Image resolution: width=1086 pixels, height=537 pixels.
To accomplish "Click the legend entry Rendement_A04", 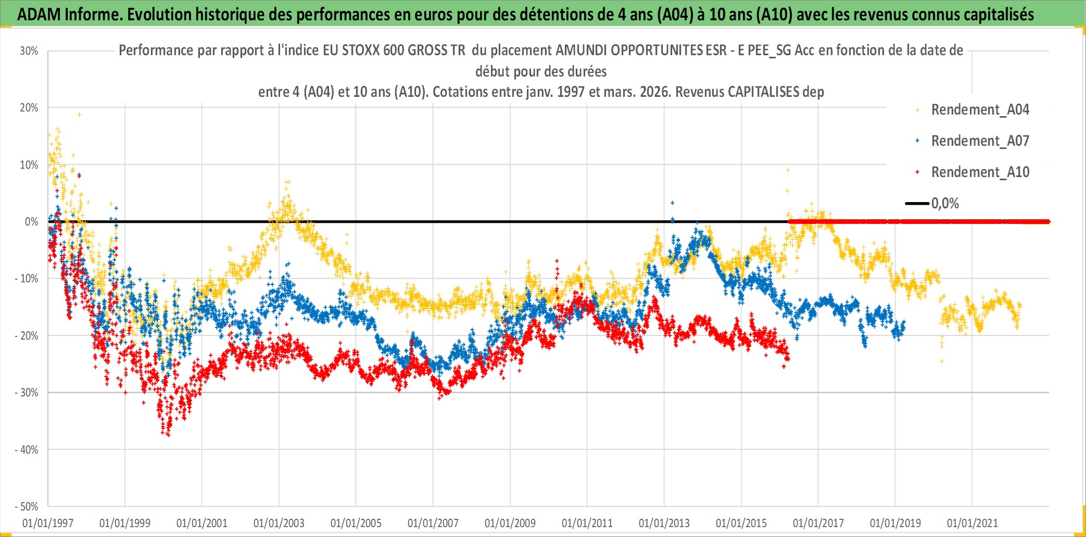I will click(980, 110).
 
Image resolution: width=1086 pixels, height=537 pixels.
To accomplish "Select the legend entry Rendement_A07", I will click(980, 141).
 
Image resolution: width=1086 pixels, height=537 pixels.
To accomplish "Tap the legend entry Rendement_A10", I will click(980, 172).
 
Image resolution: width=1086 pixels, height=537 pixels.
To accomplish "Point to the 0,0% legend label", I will click(945, 204).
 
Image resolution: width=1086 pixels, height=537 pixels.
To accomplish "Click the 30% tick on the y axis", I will click(29, 51).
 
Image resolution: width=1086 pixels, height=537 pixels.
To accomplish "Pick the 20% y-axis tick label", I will click(29, 108).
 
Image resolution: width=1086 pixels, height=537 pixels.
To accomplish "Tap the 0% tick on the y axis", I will click(31, 222).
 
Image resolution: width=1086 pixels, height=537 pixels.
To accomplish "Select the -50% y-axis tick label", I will click(27, 507).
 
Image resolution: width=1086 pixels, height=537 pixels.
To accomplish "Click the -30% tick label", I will click(27, 393).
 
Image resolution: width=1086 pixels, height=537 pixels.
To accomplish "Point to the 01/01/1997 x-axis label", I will click(48, 523).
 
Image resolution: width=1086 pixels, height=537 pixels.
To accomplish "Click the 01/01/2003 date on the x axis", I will click(279, 523).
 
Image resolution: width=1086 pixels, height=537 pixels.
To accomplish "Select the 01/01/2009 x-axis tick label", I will click(510, 523).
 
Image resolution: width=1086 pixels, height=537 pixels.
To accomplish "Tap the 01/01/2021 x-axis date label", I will click(973, 523).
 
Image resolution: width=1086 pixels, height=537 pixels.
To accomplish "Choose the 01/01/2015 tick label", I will click(741, 523).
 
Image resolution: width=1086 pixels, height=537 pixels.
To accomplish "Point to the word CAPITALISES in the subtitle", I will click(763, 92).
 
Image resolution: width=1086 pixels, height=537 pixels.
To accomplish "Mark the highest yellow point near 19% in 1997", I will click(79, 115).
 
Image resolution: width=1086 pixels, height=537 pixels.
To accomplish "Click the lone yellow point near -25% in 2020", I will click(941, 361).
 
